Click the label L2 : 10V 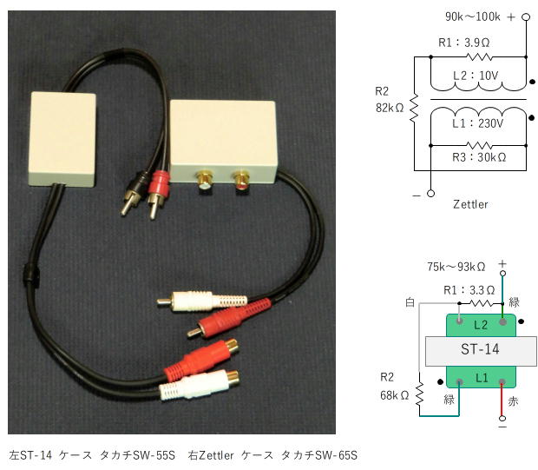(x=476, y=76)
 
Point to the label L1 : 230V (x=477, y=123)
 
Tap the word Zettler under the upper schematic (x=470, y=204)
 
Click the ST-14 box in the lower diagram (x=481, y=349)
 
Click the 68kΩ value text (x=393, y=395)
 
